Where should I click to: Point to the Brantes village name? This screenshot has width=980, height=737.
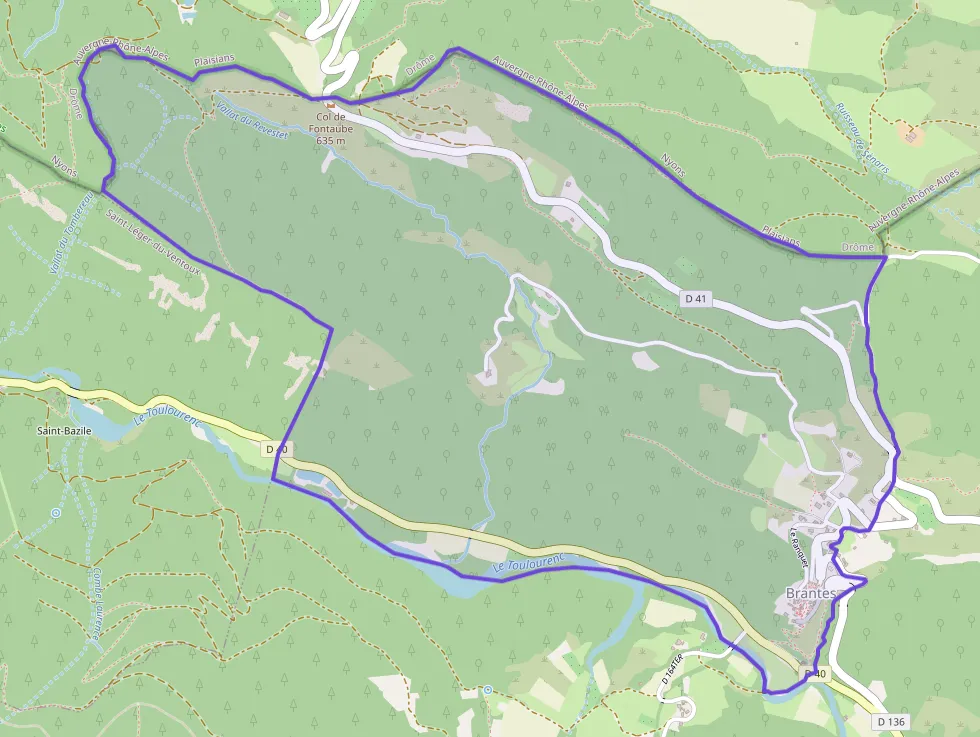(804, 593)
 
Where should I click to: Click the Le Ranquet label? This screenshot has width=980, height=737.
(797, 542)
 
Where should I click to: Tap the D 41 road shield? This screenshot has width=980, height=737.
(697, 298)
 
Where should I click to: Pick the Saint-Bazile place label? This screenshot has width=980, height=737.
(64, 430)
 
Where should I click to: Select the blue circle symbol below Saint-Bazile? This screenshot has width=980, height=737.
(56, 511)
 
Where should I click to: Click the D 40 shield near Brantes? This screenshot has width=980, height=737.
(816, 674)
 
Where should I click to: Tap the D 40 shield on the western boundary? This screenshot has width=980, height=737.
(277, 450)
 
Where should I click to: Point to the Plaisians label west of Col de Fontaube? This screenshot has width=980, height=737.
(214, 59)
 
